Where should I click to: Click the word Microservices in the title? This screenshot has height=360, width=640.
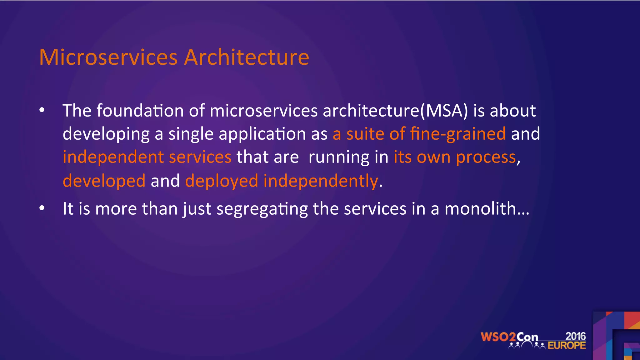[108, 57]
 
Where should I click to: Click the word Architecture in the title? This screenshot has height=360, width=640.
[247, 57]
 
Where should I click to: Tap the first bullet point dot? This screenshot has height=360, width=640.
[42, 110]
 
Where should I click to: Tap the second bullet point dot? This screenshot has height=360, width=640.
[42, 208]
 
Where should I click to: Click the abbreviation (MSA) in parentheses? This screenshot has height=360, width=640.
[444, 111]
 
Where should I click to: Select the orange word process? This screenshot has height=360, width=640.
[486, 157]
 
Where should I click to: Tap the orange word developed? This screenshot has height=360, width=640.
[104, 181]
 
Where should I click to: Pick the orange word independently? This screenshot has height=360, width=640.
[321, 181]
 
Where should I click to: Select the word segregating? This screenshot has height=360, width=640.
[262, 209]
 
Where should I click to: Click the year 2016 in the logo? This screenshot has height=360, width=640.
[575, 336]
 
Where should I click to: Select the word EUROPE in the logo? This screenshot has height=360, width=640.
[567, 345]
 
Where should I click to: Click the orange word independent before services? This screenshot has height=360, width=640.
[113, 157]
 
